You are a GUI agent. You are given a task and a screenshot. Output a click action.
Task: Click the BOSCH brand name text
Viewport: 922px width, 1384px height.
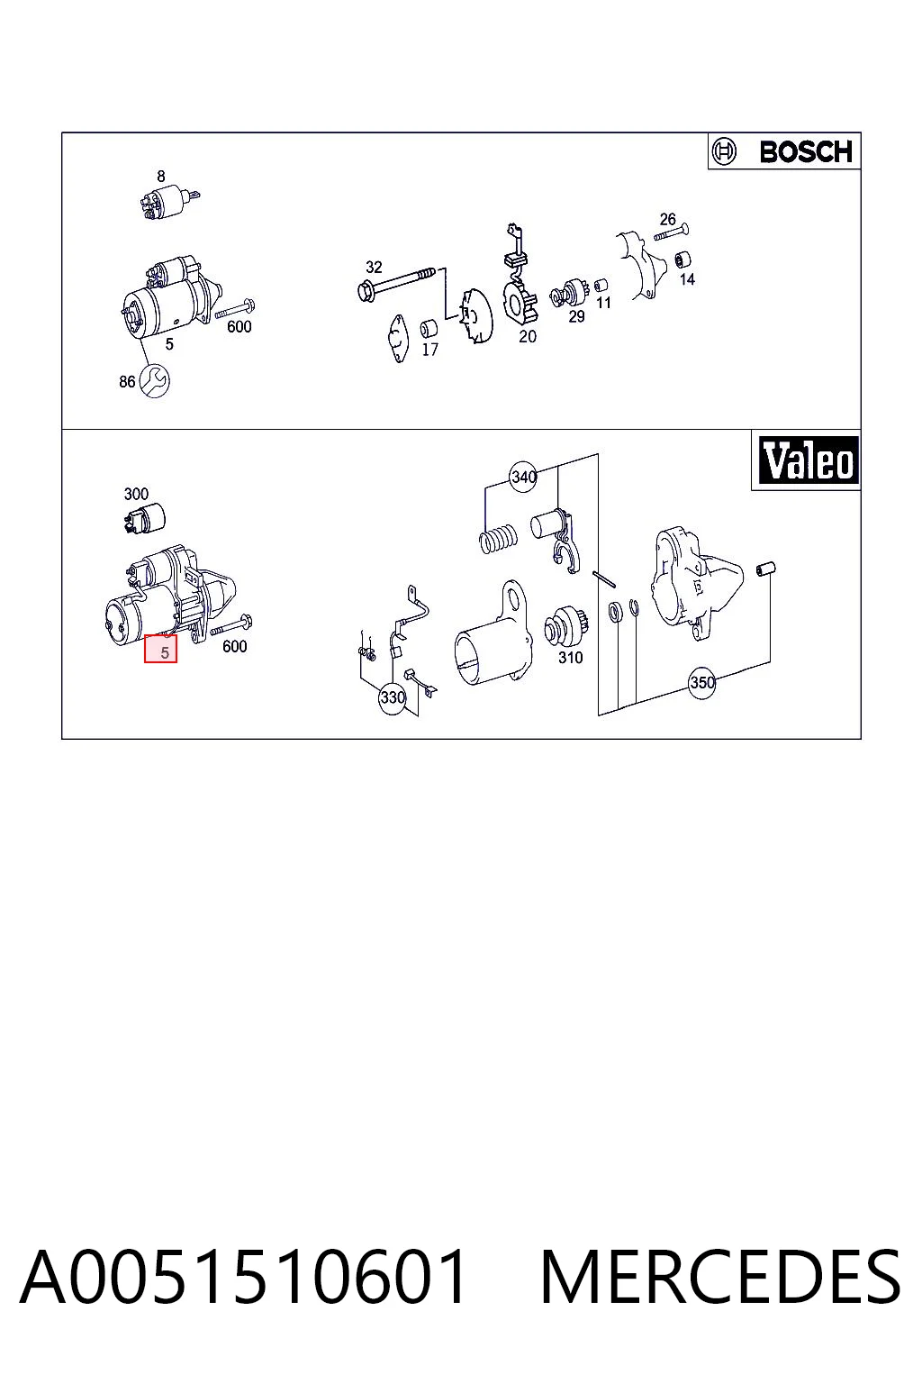pos(806,152)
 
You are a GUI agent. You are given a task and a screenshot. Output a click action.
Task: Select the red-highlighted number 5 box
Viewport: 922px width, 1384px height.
pos(160,649)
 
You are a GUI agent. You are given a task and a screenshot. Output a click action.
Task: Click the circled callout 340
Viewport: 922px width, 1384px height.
pos(523,477)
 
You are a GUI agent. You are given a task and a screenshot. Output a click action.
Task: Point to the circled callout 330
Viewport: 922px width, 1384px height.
pos(393,698)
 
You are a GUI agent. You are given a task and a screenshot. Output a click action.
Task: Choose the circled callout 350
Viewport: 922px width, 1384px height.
pos(701,683)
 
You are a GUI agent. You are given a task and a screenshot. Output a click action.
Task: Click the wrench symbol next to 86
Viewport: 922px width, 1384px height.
pos(154,380)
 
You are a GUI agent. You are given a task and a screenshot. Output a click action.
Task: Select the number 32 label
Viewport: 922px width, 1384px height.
pos(374,267)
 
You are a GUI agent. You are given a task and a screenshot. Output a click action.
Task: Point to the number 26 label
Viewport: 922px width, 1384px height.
pos(667,219)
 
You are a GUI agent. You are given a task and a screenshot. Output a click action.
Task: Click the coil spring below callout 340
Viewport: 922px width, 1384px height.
pos(498,536)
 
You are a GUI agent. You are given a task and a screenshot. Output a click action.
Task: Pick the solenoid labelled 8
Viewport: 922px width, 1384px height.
pos(167,201)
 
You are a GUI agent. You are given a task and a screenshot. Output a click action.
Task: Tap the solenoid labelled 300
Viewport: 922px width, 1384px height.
pos(144,518)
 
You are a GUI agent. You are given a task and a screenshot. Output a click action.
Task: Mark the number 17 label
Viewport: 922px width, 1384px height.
pos(429,350)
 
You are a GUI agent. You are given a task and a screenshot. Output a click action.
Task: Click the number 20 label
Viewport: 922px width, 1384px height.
pos(528,337)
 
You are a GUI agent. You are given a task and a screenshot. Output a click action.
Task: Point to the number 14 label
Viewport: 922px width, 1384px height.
pos(687,280)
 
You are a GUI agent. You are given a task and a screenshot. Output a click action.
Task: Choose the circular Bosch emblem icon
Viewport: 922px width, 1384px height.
pos(724,152)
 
